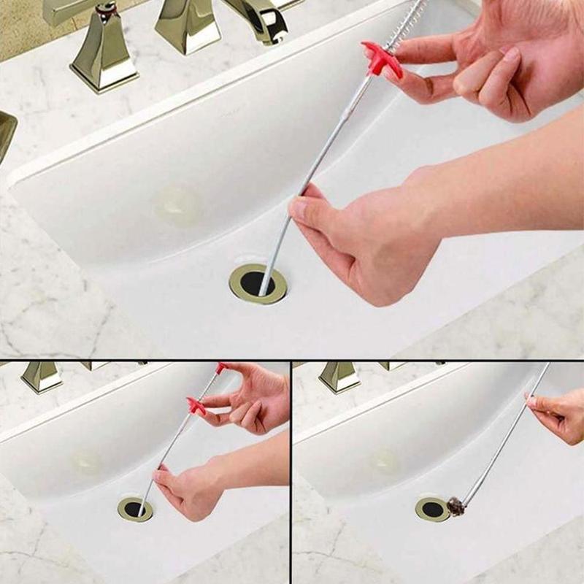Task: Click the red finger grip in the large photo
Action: (x=382, y=59)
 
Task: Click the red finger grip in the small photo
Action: (x=196, y=405)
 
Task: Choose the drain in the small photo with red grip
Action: (x=135, y=509)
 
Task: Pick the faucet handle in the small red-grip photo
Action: (x=41, y=376)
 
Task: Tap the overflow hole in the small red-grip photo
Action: (x=87, y=461)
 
